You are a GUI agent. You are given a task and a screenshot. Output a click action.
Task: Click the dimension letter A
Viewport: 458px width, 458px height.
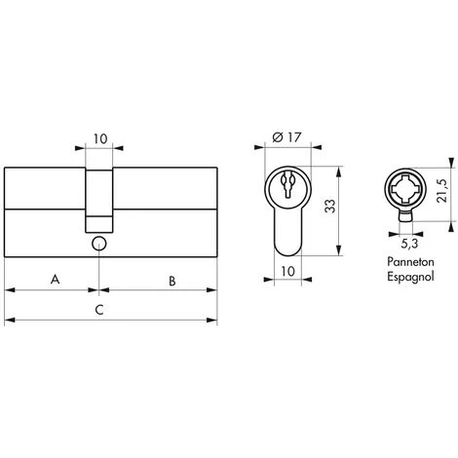pos(56,279)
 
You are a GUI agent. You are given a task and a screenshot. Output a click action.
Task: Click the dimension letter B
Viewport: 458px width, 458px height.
pos(172,281)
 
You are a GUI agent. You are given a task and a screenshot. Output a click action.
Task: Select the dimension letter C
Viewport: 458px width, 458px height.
pos(99,310)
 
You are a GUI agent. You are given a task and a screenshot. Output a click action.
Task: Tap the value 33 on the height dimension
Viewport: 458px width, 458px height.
pos(330,206)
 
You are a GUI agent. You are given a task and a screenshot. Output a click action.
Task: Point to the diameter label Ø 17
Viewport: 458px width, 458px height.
pos(286,137)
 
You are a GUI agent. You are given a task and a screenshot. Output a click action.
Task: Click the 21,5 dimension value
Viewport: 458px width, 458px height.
pos(442,191)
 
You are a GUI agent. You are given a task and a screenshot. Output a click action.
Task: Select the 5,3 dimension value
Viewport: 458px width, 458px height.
pos(409,244)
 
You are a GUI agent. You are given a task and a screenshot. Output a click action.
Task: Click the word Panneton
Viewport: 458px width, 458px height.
pos(410,262)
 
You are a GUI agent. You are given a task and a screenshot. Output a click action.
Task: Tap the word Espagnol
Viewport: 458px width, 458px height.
pos(410,277)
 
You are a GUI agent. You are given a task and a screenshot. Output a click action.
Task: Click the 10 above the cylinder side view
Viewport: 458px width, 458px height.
pos(100,139)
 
